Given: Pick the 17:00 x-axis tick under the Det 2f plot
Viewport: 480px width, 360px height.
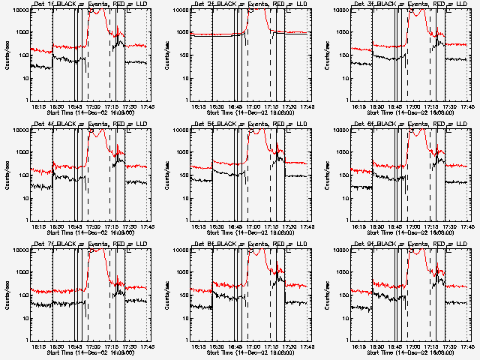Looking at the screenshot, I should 251,106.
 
